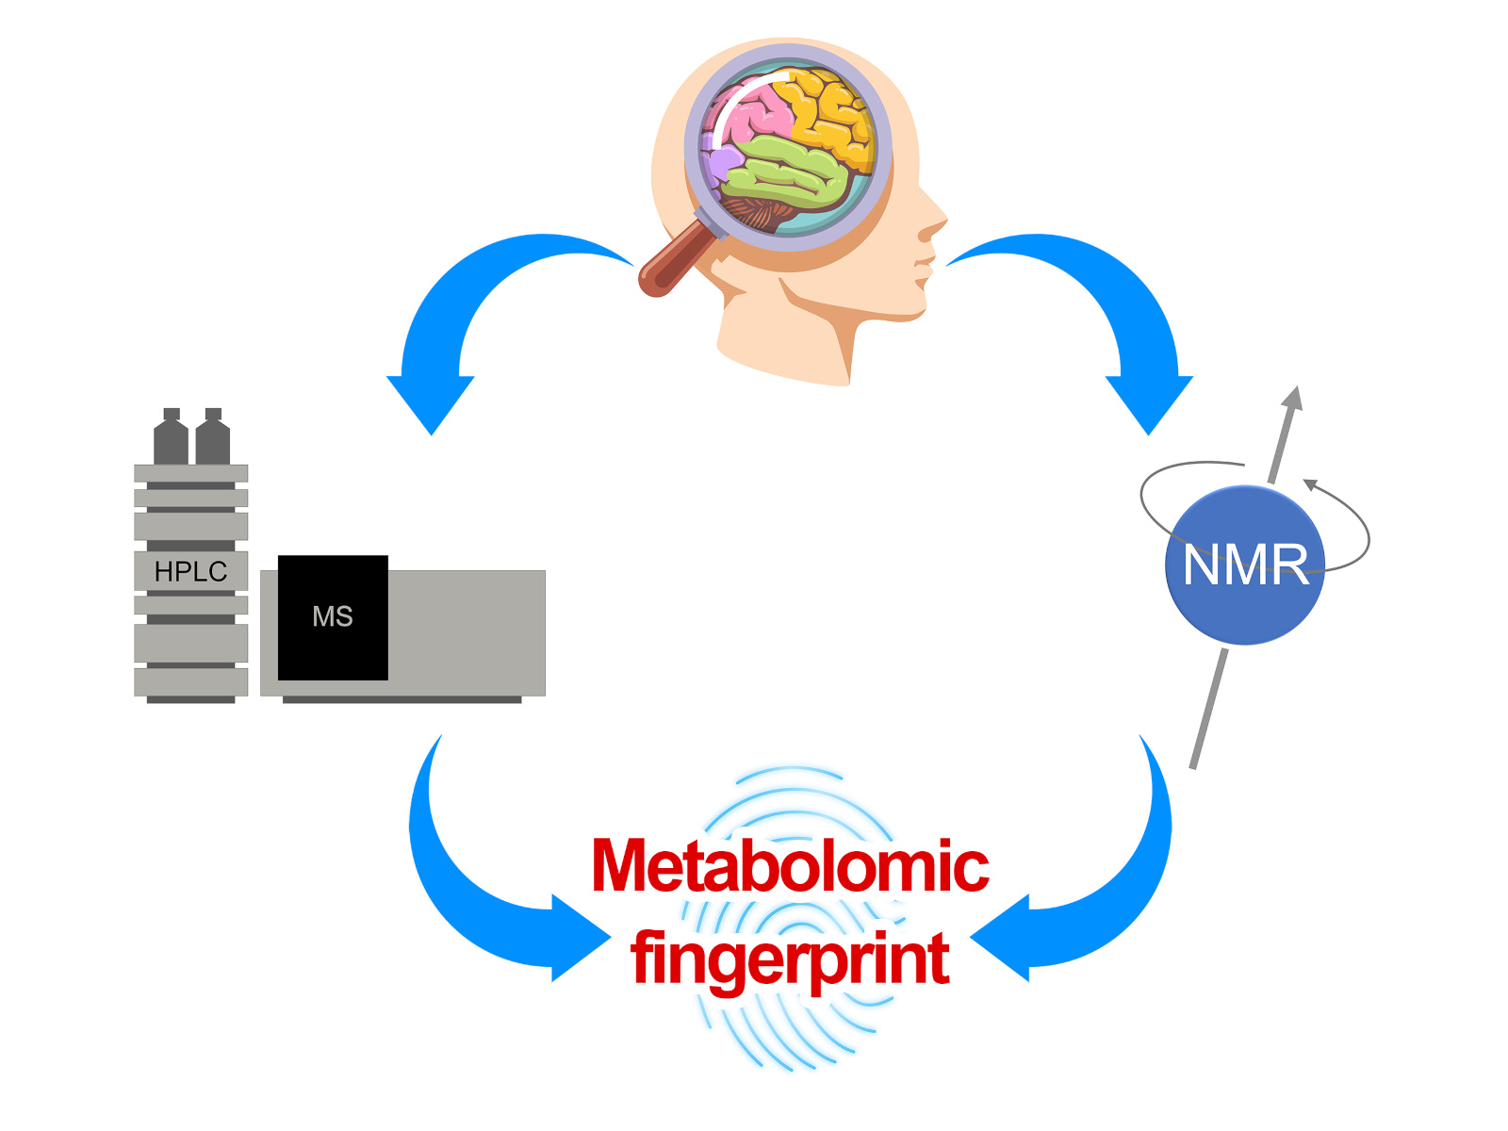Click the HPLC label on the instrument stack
(x=190, y=571)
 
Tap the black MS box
(x=333, y=617)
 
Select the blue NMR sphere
(x=1245, y=565)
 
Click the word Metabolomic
(x=790, y=865)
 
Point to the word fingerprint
(x=790, y=958)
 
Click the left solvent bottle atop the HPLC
(x=171, y=437)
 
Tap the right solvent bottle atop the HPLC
(x=213, y=437)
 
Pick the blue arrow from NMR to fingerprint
(x=1103, y=905)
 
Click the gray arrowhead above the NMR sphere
(x=1293, y=399)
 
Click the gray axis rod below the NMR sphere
(x=1208, y=707)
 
